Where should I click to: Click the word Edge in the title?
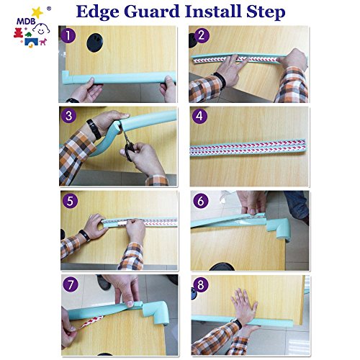tap(98, 12)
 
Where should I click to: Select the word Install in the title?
tap(213, 11)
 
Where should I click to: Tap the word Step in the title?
tap(266, 12)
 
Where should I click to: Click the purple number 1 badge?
tap(68, 35)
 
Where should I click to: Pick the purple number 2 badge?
tap(202, 35)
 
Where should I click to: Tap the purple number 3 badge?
tap(69, 116)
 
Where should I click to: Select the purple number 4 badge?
tap(199, 116)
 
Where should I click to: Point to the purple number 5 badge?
tap(70, 201)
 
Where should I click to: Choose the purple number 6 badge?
tap(201, 201)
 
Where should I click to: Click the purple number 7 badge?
tap(71, 284)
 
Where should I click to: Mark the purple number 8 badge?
tap(201, 284)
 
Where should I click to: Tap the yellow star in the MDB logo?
tap(37, 12)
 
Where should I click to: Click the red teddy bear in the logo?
tap(18, 33)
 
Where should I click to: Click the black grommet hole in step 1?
tap(95, 42)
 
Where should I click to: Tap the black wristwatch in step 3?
tap(94, 129)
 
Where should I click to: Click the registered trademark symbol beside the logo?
tap(49, 9)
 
